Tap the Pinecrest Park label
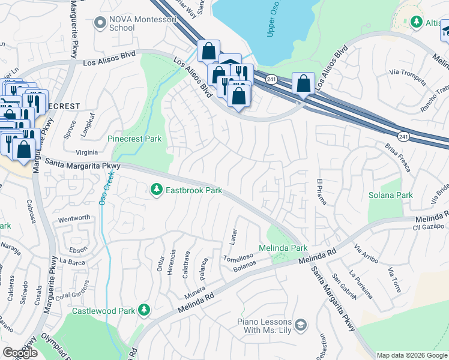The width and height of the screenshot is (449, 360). tap(135, 139)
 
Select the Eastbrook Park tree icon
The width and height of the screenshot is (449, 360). tap(157, 190)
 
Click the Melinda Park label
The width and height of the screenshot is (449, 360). tap(283, 248)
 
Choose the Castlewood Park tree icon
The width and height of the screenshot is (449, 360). tap(143, 310)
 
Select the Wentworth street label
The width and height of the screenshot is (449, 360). tap(74, 217)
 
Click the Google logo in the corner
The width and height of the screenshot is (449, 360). tap(20, 353)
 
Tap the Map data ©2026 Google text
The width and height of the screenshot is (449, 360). tap(412, 355)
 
